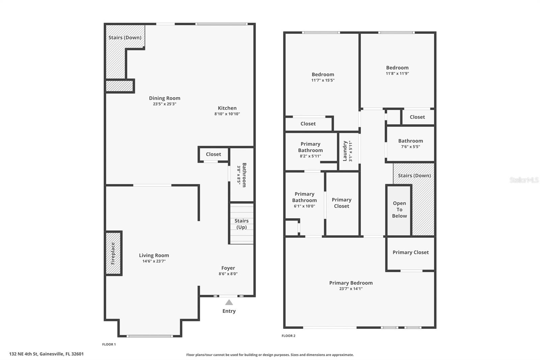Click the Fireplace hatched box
click(x=113, y=253)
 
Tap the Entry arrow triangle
click(x=229, y=302)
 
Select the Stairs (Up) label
click(x=242, y=224)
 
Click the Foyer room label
click(x=228, y=268)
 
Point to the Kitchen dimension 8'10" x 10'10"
click(x=227, y=114)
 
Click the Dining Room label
click(x=165, y=98)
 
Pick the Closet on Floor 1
click(x=213, y=154)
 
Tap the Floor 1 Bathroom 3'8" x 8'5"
click(x=242, y=175)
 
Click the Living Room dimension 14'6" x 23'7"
click(x=154, y=261)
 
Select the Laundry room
click(x=348, y=151)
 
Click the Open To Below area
click(x=399, y=209)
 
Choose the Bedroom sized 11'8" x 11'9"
click(x=397, y=70)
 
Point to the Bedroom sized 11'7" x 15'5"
click(x=323, y=77)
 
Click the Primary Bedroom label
click(x=351, y=283)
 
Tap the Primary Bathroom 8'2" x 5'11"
click(x=310, y=150)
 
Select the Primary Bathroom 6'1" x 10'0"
click(x=304, y=200)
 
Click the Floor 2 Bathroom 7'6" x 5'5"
click(x=410, y=144)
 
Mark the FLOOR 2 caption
click(x=289, y=336)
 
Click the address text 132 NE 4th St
click(x=47, y=354)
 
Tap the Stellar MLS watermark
click(x=524, y=180)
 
